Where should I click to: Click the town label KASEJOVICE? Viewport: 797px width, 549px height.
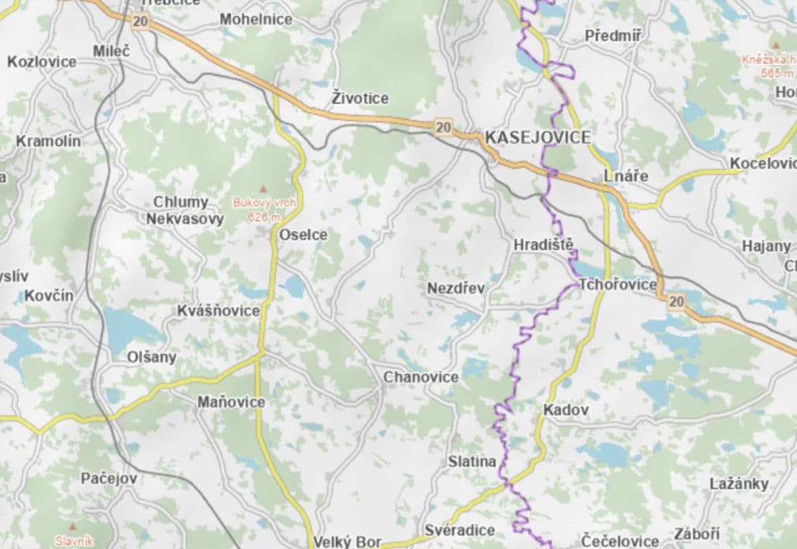[x=538, y=137]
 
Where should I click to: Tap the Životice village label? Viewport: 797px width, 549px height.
[x=360, y=99]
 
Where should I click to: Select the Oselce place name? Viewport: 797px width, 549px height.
[x=303, y=235]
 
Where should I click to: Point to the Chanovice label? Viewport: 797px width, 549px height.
[x=420, y=377]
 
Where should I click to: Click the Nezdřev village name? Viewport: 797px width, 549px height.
[x=456, y=288]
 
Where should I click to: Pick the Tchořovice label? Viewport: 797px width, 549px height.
[x=618, y=285]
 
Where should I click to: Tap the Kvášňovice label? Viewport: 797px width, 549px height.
[x=219, y=311]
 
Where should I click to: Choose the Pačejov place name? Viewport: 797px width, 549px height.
[x=109, y=478]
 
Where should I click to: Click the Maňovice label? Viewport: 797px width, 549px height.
[x=231, y=402]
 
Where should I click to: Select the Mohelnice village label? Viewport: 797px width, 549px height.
[x=256, y=19]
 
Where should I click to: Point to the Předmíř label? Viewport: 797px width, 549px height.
[x=613, y=36]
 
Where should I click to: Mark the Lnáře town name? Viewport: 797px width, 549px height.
[x=626, y=176]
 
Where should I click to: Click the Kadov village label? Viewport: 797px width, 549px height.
[x=566, y=410]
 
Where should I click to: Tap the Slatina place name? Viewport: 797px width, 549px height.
[x=472, y=462]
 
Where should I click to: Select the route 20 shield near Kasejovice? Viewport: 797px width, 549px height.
[x=444, y=127]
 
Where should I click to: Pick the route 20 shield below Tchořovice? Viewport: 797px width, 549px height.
[x=676, y=301]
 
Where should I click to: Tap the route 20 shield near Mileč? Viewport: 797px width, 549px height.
[x=141, y=21]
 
